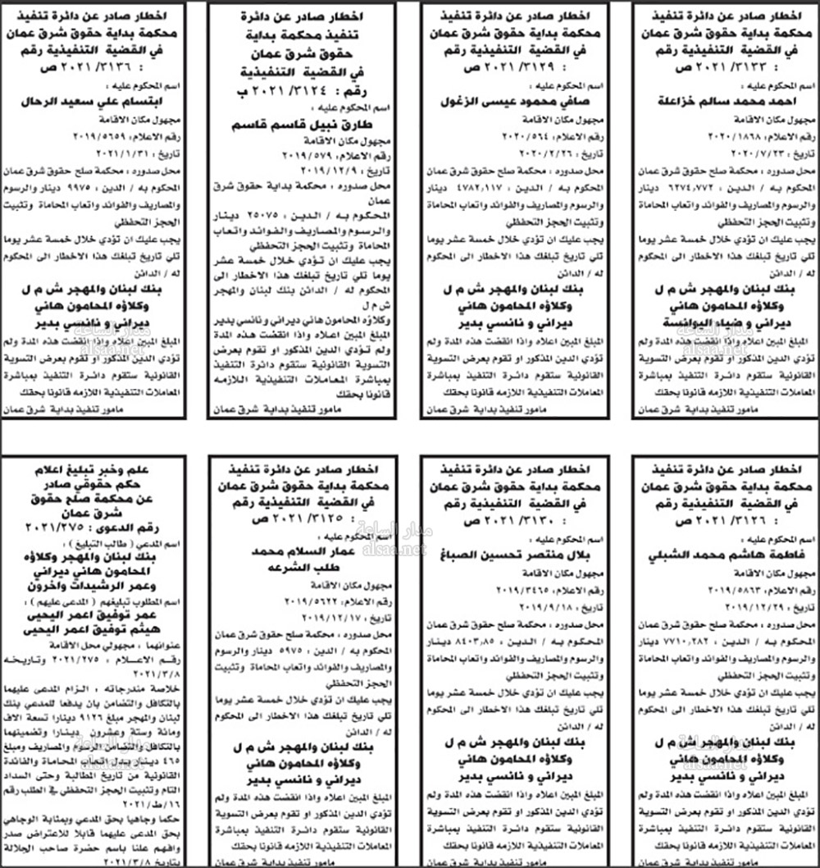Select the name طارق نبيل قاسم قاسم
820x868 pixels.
(x=303, y=123)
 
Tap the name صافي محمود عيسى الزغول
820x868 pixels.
(x=509, y=101)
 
